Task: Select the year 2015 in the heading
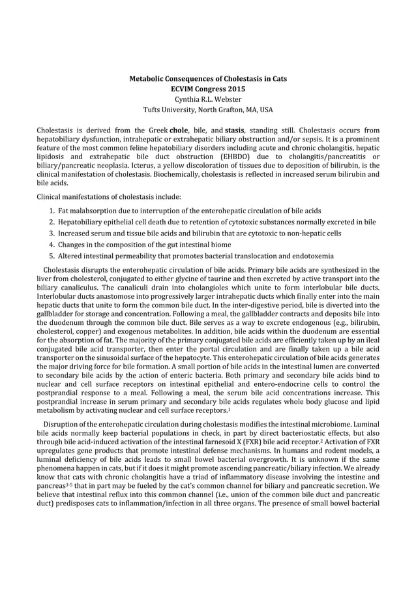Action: click(237, 89)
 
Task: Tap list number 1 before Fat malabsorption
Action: click(52, 211)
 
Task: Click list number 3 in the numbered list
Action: click(52, 234)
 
